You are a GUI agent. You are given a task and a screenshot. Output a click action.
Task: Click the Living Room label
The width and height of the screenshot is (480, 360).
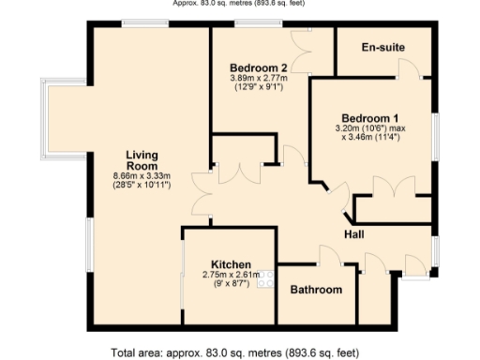point(142,158)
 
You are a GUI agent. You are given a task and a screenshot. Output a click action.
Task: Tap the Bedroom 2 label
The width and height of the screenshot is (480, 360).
point(258,67)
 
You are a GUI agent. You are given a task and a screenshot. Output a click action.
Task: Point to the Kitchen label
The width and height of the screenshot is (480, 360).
point(230,263)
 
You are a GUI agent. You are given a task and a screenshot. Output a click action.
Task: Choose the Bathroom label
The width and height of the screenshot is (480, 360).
point(316,290)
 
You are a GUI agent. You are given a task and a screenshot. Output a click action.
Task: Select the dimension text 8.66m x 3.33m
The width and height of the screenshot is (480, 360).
point(142,175)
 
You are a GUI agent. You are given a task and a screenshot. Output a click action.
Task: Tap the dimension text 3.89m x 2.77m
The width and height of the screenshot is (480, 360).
point(258,79)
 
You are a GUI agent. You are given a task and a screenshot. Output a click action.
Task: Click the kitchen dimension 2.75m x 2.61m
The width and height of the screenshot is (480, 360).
point(230,275)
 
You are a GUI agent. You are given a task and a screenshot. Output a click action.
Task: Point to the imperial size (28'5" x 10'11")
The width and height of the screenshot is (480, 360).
point(142,186)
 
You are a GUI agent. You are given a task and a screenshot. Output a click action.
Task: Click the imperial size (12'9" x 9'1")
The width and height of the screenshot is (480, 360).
point(258,89)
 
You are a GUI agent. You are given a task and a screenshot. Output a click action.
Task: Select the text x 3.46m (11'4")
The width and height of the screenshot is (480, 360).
point(369,138)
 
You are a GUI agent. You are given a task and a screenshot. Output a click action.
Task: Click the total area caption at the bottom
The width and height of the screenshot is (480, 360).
point(234,352)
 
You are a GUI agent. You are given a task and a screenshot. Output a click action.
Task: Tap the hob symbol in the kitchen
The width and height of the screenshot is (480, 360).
point(265,277)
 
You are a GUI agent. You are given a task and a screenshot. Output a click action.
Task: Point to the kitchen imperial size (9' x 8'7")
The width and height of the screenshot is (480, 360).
point(230,285)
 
